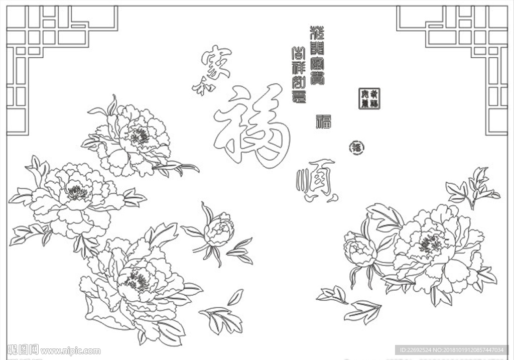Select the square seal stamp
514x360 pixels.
369,98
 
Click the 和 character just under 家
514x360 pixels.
204,88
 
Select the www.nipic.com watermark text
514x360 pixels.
70,350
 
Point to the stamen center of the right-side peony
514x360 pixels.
430,245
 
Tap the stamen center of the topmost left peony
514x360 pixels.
140,136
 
